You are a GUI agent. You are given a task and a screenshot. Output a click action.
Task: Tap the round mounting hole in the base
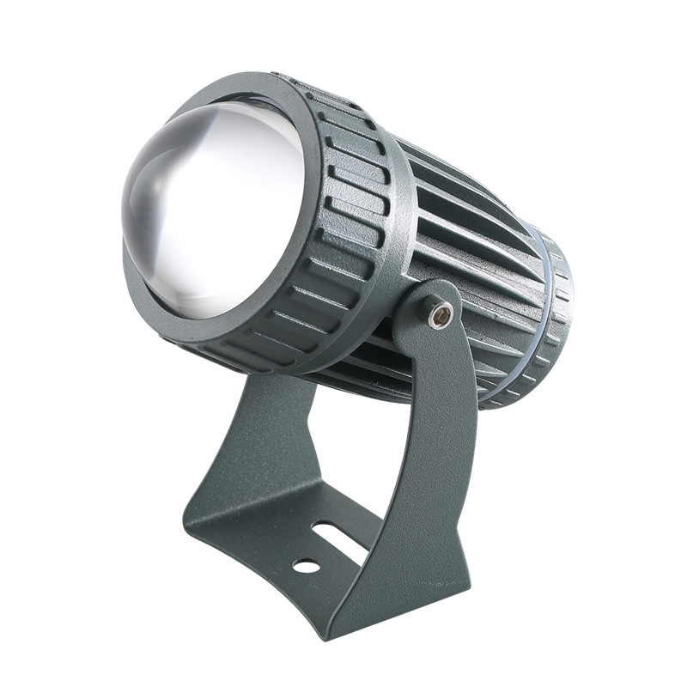pos(306,566)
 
